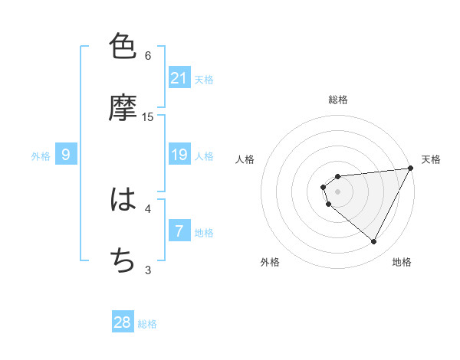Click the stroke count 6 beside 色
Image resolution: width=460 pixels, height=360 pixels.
click(x=148, y=55)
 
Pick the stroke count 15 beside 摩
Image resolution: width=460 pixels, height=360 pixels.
click(x=148, y=116)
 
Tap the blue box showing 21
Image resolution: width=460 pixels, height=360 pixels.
click(x=179, y=78)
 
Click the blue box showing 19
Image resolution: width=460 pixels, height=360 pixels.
click(x=179, y=155)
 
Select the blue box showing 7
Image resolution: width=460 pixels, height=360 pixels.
click(x=179, y=231)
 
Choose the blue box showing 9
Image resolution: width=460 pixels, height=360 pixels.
click(x=66, y=155)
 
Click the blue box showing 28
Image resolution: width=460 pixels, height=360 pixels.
click(x=123, y=322)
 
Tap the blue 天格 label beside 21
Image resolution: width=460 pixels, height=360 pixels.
click(x=204, y=79)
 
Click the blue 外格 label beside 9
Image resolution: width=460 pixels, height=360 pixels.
click(x=41, y=156)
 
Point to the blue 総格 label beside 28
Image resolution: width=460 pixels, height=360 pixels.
click(x=147, y=323)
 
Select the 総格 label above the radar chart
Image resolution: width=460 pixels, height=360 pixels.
click(x=337, y=100)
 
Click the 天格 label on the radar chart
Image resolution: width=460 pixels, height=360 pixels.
click(x=431, y=159)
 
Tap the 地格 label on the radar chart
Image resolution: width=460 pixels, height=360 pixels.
click(x=402, y=262)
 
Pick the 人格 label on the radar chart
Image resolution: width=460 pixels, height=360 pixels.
click(x=245, y=159)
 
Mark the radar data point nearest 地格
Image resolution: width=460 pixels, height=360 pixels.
click(x=374, y=242)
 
